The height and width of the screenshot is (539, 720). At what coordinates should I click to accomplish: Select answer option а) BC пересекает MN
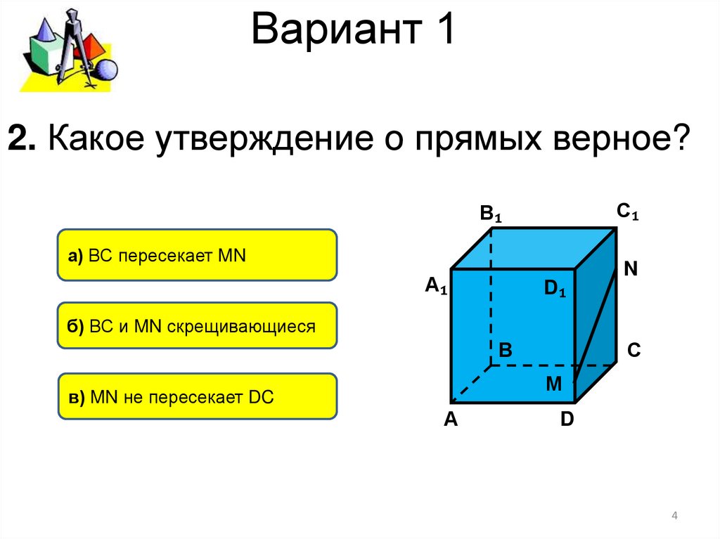(197, 255)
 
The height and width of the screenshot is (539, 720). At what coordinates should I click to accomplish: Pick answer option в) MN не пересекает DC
(197, 396)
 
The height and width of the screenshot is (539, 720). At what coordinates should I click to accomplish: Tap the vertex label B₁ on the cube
(491, 214)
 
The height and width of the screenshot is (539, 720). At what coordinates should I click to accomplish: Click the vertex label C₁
(627, 211)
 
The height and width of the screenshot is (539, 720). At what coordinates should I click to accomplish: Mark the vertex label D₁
(555, 288)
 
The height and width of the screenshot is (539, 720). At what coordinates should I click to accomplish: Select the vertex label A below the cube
(451, 420)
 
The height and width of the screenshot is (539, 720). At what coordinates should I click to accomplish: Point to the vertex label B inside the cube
(506, 349)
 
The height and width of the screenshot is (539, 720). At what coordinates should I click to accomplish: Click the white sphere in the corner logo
(106, 70)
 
